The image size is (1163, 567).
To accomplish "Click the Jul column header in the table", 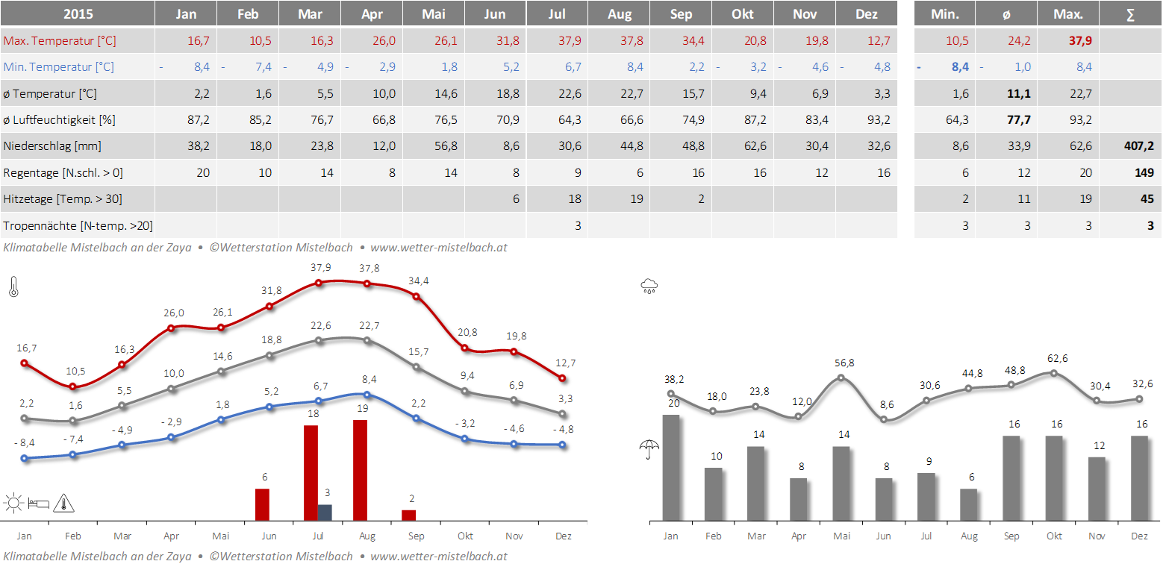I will (x=556, y=14).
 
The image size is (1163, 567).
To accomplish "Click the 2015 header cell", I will (x=78, y=14).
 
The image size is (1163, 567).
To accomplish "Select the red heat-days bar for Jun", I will (x=262, y=504).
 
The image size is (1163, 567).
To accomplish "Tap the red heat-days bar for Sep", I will (x=408, y=515).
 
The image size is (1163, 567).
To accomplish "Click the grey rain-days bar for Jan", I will (x=671, y=467).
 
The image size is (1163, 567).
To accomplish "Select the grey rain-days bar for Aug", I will (x=968, y=504).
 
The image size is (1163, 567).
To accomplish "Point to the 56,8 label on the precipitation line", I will (x=841, y=363).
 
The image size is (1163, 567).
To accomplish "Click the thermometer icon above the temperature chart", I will (x=13, y=287).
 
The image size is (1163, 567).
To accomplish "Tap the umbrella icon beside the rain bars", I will (x=649, y=448).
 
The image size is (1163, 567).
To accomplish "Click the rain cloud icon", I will (x=649, y=285).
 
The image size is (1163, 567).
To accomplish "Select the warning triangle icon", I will (x=64, y=503).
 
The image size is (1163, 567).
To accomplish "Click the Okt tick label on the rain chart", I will (x=1054, y=536).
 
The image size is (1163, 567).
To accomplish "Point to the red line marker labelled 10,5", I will (x=72, y=386).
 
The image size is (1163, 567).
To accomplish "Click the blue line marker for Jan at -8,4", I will (x=24, y=458).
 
